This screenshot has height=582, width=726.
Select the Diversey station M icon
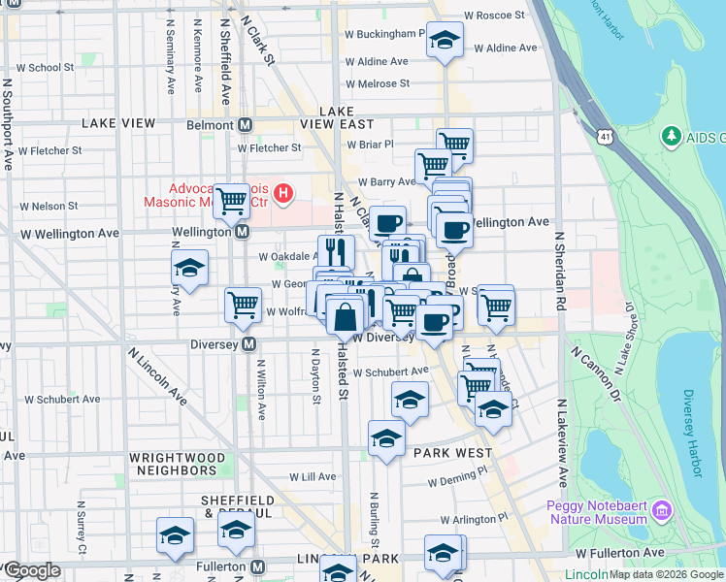(x=249, y=344)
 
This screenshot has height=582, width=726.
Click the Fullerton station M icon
(x=257, y=566)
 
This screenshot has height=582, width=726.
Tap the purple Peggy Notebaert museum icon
(x=662, y=510)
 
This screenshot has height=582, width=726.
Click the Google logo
(x=32, y=570)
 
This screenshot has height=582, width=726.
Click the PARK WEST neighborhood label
(x=449, y=452)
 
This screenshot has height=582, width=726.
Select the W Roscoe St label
(x=494, y=16)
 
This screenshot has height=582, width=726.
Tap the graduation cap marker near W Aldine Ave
(x=445, y=40)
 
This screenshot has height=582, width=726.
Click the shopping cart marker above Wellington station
(x=232, y=202)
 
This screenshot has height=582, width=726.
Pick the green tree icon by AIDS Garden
(x=670, y=137)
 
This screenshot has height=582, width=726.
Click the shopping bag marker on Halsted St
(x=345, y=314)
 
